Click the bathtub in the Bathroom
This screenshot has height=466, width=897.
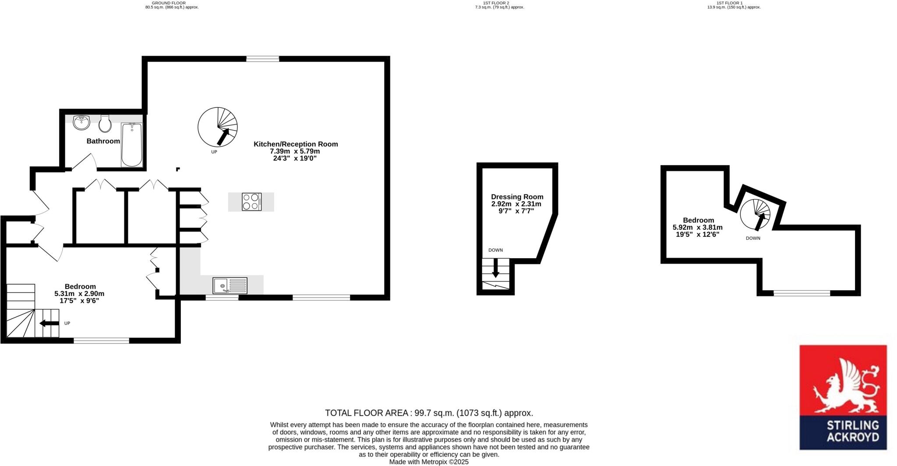[x=131, y=145]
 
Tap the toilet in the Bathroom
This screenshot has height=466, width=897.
[x=105, y=124]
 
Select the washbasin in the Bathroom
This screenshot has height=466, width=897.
[x=81, y=122]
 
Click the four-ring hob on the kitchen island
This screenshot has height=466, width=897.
[x=251, y=202]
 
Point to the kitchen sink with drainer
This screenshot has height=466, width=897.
[x=230, y=285]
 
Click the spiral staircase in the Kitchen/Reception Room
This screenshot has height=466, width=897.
[x=218, y=127]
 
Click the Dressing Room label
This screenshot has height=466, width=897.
[x=517, y=197]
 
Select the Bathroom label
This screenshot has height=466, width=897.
[x=103, y=141]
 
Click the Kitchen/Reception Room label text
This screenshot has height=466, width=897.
[x=296, y=144]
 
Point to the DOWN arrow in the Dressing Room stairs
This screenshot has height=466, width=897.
[x=495, y=268]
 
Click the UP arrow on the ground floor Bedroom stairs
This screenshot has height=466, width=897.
[x=49, y=324]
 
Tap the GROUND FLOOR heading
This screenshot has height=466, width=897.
[x=172, y=3]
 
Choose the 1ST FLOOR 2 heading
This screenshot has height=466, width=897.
[x=499, y=3]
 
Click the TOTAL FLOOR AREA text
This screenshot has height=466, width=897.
[x=429, y=413]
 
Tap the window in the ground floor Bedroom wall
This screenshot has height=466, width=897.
[x=101, y=341]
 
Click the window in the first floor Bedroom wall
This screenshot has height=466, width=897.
[x=802, y=293]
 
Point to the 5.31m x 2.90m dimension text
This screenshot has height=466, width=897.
[x=79, y=294]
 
